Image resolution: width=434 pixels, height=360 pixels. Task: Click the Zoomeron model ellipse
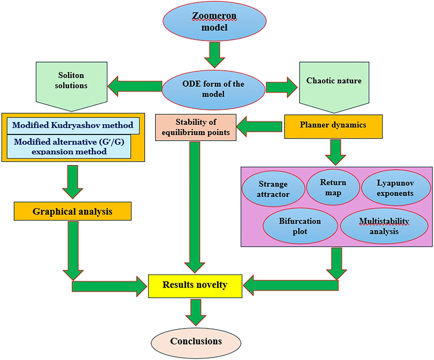click(x=215, y=21)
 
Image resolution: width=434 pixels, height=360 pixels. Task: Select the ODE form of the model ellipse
click(x=213, y=89)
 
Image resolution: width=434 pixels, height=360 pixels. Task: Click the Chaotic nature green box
click(x=334, y=84)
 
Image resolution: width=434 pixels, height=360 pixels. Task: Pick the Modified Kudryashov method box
click(x=73, y=125)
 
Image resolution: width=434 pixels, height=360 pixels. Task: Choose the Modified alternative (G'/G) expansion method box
click(x=69, y=147)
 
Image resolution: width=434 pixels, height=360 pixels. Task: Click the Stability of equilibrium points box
click(x=196, y=127)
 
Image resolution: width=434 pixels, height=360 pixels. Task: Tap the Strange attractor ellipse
click(x=273, y=189)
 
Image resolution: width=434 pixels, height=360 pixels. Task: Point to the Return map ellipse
click(x=333, y=187)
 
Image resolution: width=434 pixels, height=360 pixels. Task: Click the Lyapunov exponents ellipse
click(x=395, y=188)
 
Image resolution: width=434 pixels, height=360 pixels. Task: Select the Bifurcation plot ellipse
click(x=300, y=226)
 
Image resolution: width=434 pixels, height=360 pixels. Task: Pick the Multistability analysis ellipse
click(x=384, y=226)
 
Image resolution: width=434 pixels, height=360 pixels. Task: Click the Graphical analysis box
click(x=72, y=211)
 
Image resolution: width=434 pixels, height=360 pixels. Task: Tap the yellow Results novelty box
click(x=195, y=286)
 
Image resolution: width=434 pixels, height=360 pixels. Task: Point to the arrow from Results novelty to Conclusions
click(x=196, y=312)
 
